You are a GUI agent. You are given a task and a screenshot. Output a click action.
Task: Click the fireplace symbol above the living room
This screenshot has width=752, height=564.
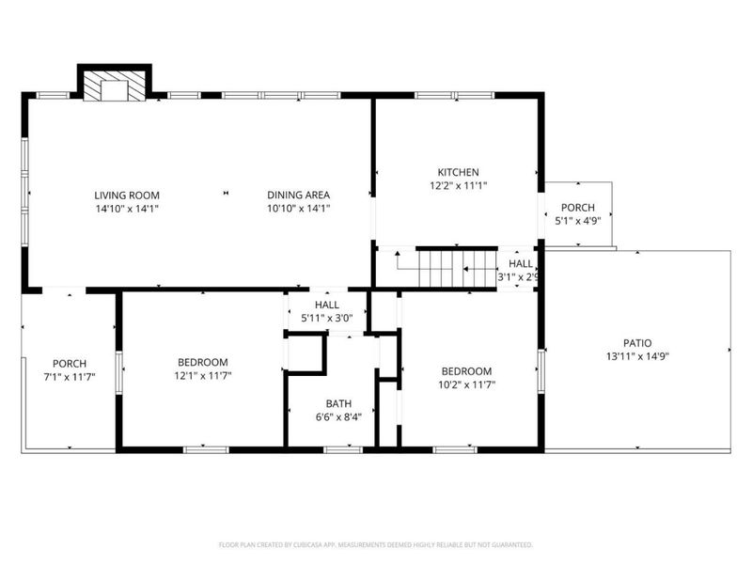click(x=113, y=86)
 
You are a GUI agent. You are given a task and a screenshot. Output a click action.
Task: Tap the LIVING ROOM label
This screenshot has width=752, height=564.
click(x=126, y=195)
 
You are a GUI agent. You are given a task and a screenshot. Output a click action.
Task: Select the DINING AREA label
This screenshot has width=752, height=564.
click(x=298, y=195)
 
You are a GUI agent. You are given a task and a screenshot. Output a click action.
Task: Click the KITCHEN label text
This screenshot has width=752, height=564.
click(x=458, y=172)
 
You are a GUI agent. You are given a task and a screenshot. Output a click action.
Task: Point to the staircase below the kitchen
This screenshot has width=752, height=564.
click(x=456, y=268)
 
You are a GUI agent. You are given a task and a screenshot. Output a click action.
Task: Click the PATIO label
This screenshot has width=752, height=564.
click(x=636, y=343)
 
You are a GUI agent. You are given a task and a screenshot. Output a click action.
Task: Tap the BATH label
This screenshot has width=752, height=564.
click(x=338, y=403)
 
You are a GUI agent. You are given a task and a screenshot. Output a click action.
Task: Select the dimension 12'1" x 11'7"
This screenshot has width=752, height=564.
click(x=203, y=375)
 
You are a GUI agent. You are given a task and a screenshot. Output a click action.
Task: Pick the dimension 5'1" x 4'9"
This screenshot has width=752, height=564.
click(x=577, y=222)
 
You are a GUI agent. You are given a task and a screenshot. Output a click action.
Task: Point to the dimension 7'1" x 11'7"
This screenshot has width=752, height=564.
click(x=70, y=377)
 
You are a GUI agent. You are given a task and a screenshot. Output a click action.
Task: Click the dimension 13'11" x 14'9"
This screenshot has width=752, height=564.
click(x=636, y=356)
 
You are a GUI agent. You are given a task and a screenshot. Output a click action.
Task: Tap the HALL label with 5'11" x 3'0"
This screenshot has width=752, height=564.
click(x=327, y=305)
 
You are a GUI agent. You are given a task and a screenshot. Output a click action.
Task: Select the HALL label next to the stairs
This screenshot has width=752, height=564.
click(x=521, y=264)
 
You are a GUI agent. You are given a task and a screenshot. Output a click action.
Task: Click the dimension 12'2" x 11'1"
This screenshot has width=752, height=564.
click(x=458, y=185)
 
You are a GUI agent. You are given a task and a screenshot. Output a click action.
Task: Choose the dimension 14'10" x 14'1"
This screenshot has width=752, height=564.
click(x=126, y=208)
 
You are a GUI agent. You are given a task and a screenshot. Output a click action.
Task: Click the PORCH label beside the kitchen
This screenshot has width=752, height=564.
click(x=577, y=208)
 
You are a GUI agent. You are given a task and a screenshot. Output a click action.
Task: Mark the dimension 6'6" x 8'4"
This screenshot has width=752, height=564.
click(x=338, y=416)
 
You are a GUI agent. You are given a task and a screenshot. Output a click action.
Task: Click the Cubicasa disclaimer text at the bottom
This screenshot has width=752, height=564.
click(x=376, y=544)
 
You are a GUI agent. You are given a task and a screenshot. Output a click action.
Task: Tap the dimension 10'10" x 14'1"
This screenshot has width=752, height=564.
click(x=298, y=208)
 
